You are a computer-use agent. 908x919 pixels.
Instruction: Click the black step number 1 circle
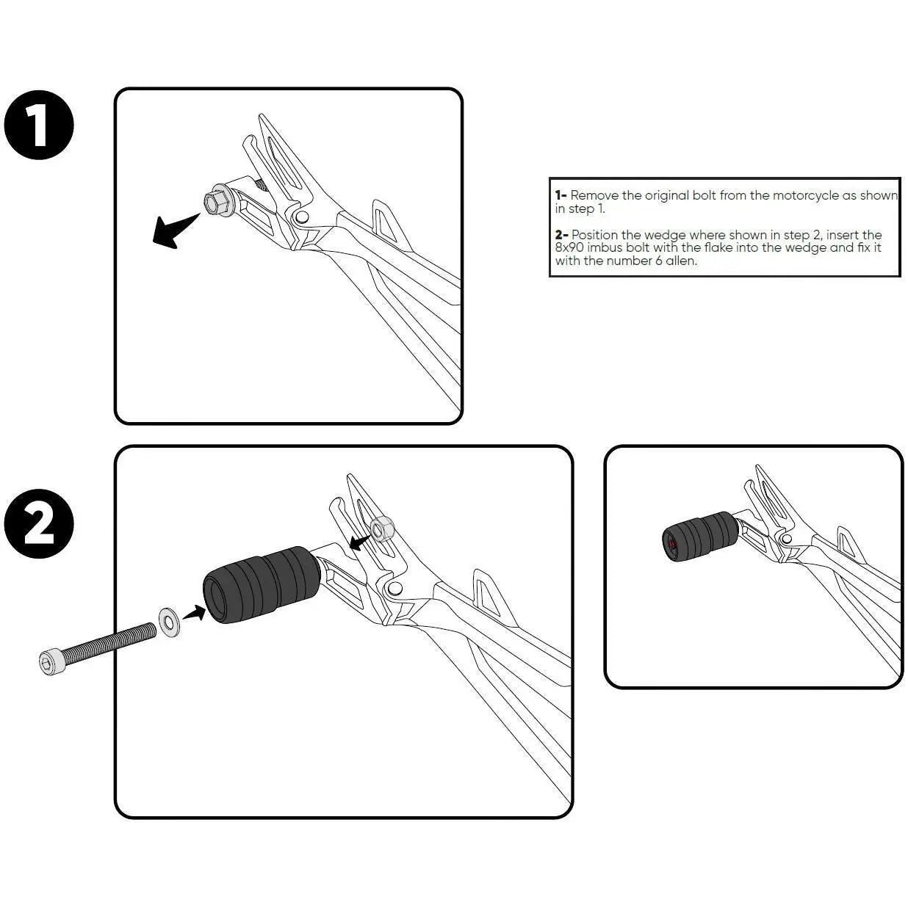(x=39, y=125)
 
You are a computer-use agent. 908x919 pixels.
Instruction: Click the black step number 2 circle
(x=39, y=523)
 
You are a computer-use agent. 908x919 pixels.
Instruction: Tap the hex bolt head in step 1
(x=215, y=203)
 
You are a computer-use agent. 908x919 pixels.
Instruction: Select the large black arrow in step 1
(x=174, y=230)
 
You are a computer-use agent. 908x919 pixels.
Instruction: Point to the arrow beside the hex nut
(x=361, y=541)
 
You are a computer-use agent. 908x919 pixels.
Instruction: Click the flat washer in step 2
(x=168, y=621)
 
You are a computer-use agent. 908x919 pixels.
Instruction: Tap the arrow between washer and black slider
(x=194, y=612)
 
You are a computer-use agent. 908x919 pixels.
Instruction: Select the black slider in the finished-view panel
(x=700, y=537)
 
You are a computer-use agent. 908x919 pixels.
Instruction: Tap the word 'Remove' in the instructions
(x=594, y=195)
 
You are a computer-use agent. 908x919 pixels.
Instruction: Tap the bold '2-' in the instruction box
(x=561, y=235)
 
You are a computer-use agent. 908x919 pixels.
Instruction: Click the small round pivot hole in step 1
(x=301, y=217)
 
